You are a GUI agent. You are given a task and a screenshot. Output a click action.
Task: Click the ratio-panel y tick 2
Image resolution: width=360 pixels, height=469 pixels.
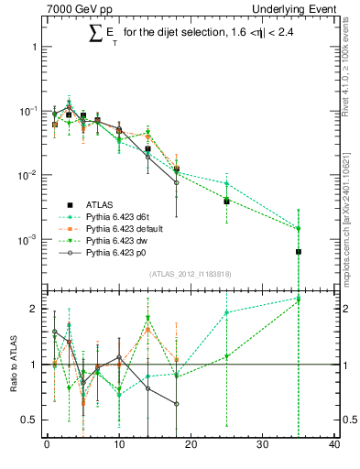pos(35,309)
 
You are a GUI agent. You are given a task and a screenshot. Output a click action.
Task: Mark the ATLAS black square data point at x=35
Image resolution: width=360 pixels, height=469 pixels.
pos(299,251)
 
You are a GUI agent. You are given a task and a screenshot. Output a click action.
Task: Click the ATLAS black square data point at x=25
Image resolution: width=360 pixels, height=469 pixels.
pos(226,200)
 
